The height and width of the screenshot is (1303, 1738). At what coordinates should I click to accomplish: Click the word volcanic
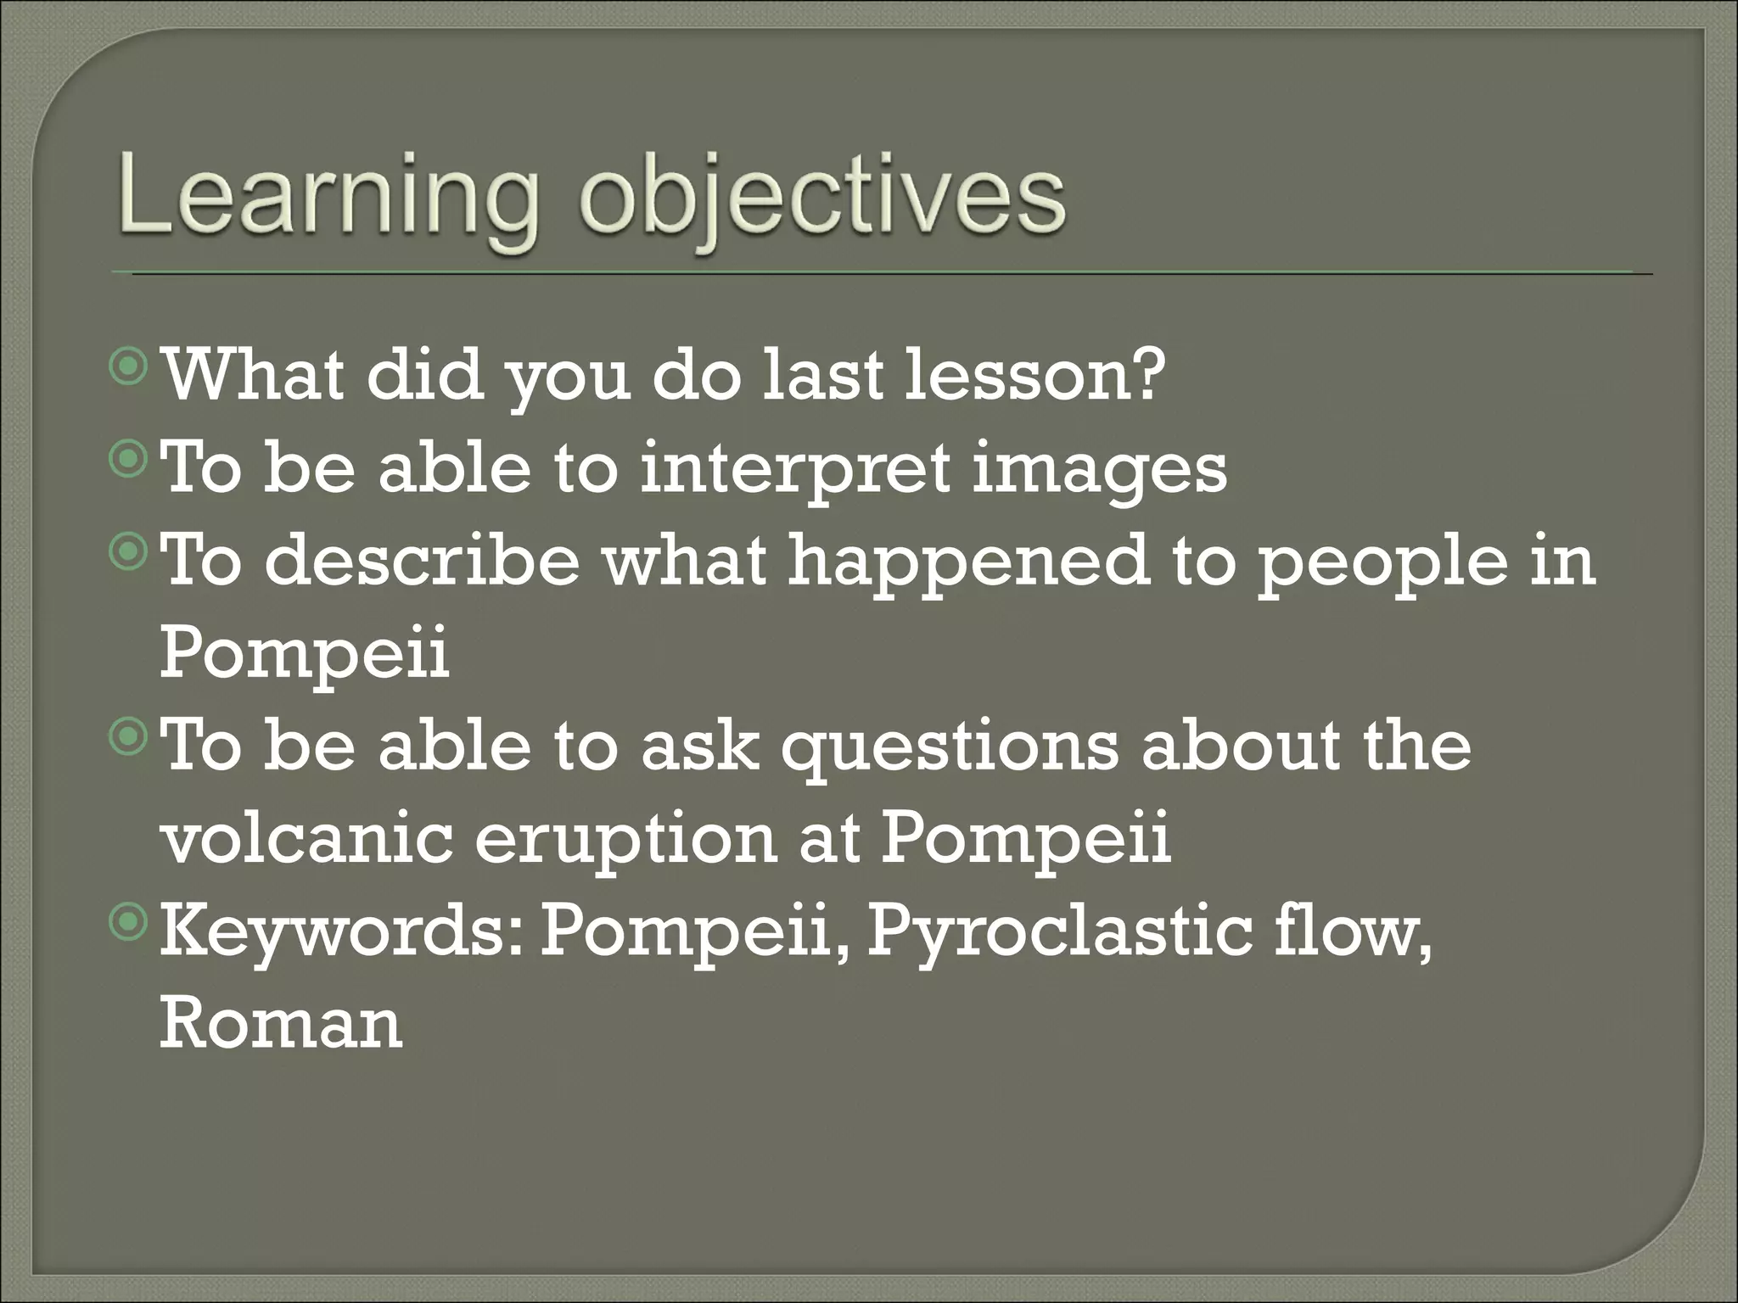(x=306, y=837)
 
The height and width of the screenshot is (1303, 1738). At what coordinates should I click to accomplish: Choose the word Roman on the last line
(x=280, y=1022)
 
